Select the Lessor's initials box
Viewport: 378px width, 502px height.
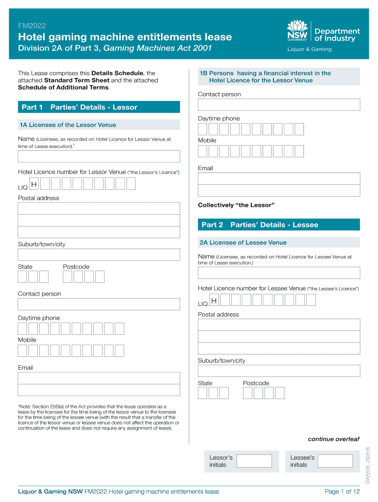coord(254,461)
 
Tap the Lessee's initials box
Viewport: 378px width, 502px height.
coord(335,461)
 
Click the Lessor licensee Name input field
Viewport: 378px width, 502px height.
coord(99,156)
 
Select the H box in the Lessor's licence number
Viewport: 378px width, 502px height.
coord(34,184)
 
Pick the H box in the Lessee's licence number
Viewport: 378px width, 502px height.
coord(214,300)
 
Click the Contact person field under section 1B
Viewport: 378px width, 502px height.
coord(278,104)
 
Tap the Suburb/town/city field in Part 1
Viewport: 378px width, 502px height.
coord(99,254)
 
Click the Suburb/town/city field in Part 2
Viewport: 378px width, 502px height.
coord(278,371)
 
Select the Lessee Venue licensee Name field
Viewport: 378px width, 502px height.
coord(278,273)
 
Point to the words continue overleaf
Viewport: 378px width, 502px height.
coord(333,438)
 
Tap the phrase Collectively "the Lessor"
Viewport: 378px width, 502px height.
coord(236,205)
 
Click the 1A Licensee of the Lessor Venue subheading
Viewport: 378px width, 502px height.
coord(68,125)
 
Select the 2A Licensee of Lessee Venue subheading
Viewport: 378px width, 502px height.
coord(243,243)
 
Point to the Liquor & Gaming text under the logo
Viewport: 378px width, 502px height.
coord(309,49)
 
